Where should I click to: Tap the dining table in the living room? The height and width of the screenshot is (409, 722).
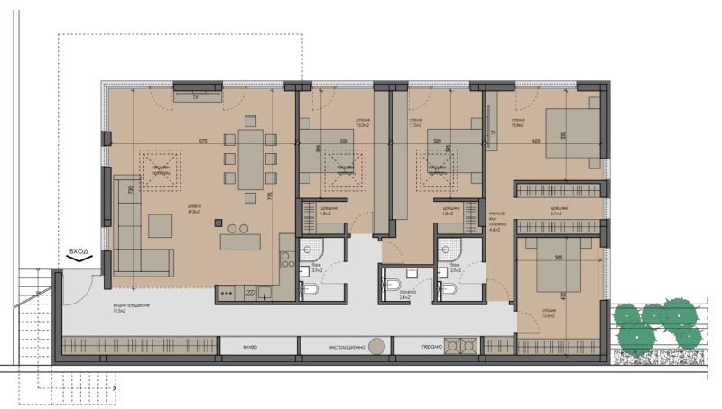click(x=252, y=159)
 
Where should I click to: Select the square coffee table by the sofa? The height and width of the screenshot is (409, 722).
click(x=161, y=225)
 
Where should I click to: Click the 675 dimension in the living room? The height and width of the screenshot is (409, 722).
click(x=203, y=141)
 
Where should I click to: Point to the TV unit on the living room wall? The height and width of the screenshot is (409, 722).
click(x=196, y=95)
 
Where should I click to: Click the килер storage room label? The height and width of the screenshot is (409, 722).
click(x=250, y=346)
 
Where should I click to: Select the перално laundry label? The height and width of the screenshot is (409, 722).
click(x=430, y=346)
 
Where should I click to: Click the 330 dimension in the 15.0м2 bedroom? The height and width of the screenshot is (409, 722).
click(x=344, y=141)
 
